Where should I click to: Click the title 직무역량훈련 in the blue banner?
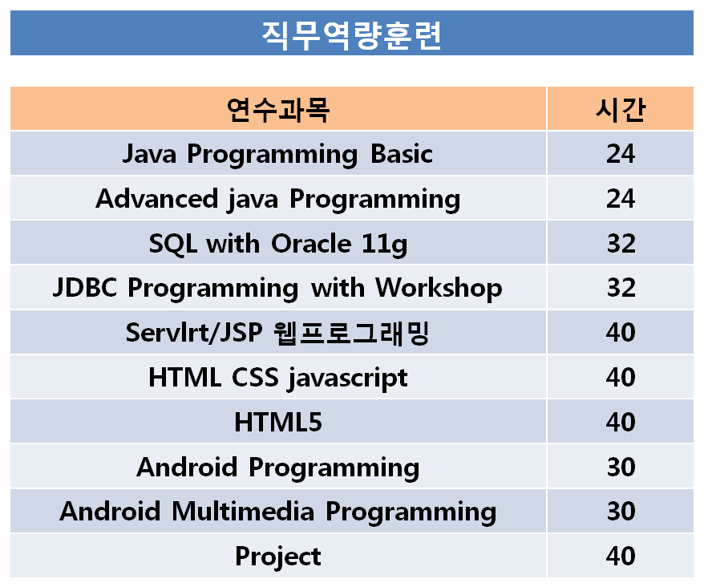351,35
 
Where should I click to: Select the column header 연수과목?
278,110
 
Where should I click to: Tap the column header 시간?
621,110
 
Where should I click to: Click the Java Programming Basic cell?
278,155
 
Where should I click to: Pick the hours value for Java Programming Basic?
621,154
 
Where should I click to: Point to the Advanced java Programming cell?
278,199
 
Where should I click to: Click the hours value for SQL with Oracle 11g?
621,243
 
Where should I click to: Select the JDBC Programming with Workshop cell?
277,288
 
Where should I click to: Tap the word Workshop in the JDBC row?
439,288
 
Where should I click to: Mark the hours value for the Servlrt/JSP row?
621,332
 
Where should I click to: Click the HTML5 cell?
278,422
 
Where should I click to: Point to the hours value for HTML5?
621,422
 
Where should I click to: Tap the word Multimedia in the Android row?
243,511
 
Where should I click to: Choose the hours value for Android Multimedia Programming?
621,511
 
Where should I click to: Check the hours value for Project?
621,556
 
